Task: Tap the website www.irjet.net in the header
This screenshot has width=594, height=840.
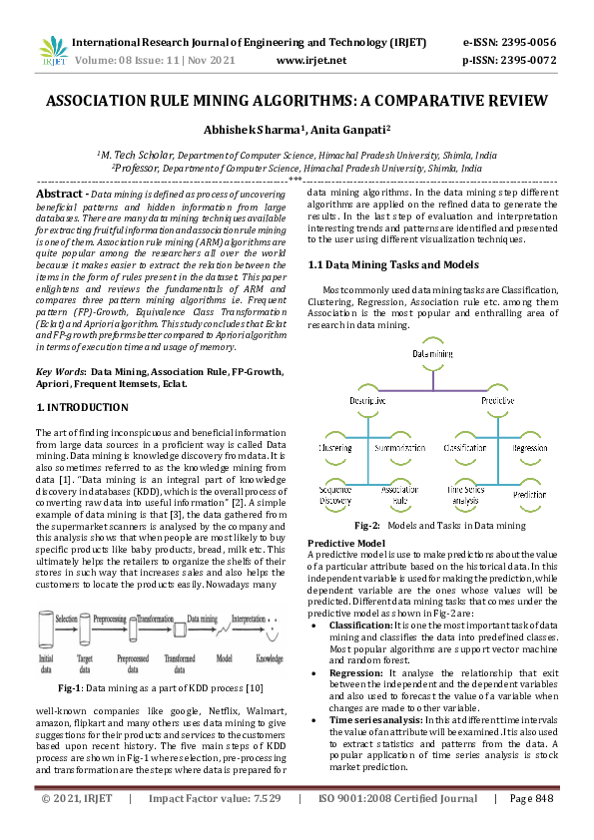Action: (310, 61)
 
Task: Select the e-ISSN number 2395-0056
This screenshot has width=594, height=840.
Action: (524, 43)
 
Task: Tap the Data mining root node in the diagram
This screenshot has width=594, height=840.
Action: (433, 355)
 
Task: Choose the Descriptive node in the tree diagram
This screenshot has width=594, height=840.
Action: (368, 399)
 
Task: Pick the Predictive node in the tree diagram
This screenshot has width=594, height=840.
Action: (497, 399)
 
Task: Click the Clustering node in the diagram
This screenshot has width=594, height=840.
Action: (334, 450)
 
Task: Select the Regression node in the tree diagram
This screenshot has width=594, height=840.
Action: (530, 450)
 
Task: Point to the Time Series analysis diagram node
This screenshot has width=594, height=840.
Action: (465, 493)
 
